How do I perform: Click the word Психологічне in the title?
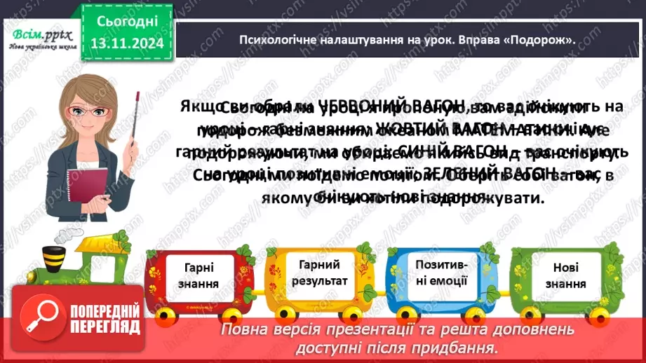[x=271, y=40]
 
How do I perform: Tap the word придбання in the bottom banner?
[x=465, y=348]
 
